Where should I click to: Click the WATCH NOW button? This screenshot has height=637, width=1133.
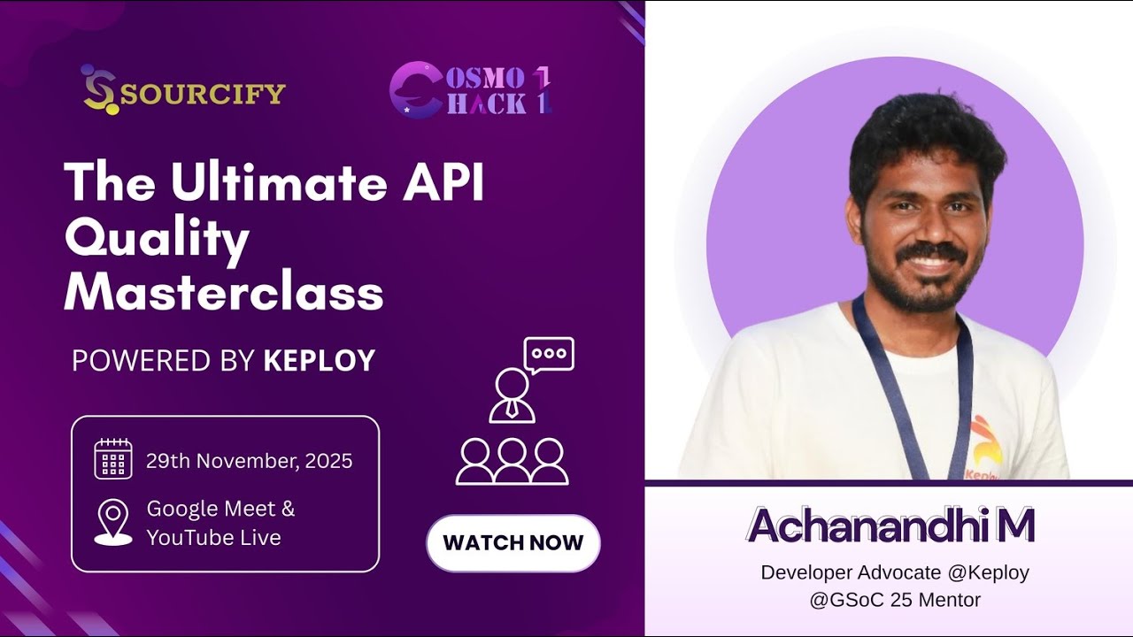pos(513,542)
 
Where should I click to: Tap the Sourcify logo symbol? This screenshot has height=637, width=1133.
pos(98,90)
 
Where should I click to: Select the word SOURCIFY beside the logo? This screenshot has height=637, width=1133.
pos(203,93)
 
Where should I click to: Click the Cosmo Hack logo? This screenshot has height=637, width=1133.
pos(471,89)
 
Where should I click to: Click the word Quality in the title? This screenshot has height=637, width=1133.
pos(157,239)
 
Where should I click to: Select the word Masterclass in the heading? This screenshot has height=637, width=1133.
pos(223,292)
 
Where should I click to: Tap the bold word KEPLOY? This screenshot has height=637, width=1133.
pos(320,360)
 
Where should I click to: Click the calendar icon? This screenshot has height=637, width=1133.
pos(112,459)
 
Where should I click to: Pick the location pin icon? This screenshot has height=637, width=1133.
pos(112,522)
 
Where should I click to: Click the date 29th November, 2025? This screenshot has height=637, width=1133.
pos(249,461)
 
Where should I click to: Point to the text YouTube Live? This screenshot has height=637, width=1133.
pos(213,537)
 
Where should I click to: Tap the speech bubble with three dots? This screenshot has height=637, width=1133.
pos(549,354)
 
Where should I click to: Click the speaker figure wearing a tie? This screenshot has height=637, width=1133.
pos(512,395)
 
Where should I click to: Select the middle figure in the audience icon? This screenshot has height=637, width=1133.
pos(512,461)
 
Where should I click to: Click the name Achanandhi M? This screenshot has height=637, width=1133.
pos(890,526)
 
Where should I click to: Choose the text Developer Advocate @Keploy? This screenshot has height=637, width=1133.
pos(894,572)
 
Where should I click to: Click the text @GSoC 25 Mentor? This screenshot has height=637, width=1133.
pos(894,600)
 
